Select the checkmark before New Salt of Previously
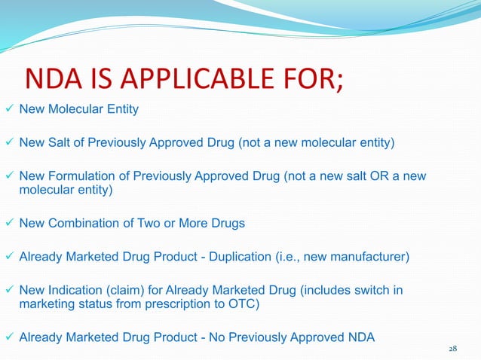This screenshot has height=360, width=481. point(8,142)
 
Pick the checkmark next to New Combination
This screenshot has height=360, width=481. point(8,224)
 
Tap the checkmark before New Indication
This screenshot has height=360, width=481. point(8,291)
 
